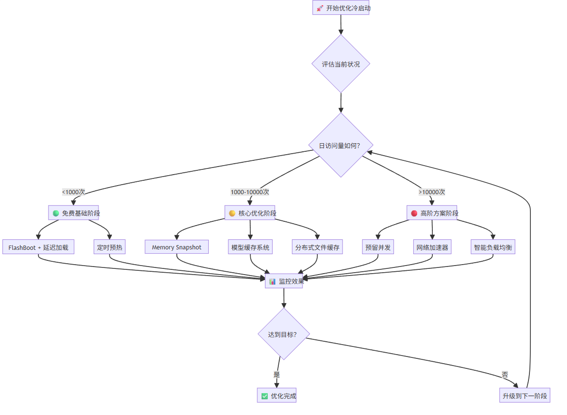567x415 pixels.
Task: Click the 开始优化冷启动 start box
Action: [341, 8]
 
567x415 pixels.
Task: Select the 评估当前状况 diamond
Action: [341, 64]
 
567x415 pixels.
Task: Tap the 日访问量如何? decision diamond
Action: [341, 145]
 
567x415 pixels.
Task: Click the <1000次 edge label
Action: [73, 192]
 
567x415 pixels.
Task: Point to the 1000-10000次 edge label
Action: [250, 192]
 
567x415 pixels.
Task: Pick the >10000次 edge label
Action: [432, 192]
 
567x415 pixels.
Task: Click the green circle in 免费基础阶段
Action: [56, 213]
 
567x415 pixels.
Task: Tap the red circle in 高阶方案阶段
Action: [414, 213]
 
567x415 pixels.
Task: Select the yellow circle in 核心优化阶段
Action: [232, 213]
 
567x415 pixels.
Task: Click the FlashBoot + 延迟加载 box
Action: [39, 247]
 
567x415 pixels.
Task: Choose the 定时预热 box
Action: [109, 247]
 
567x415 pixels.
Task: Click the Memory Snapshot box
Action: [177, 247]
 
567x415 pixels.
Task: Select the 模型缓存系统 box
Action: [250, 247]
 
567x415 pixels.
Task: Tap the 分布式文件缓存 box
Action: [317, 247]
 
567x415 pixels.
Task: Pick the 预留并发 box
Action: [378, 247]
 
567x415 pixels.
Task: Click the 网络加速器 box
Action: [432, 247]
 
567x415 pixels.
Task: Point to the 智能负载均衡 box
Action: [493, 247]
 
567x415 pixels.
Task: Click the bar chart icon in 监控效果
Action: [272, 281]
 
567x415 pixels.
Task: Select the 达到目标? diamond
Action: [284, 334]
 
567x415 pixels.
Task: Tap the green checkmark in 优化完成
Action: [264, 396]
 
